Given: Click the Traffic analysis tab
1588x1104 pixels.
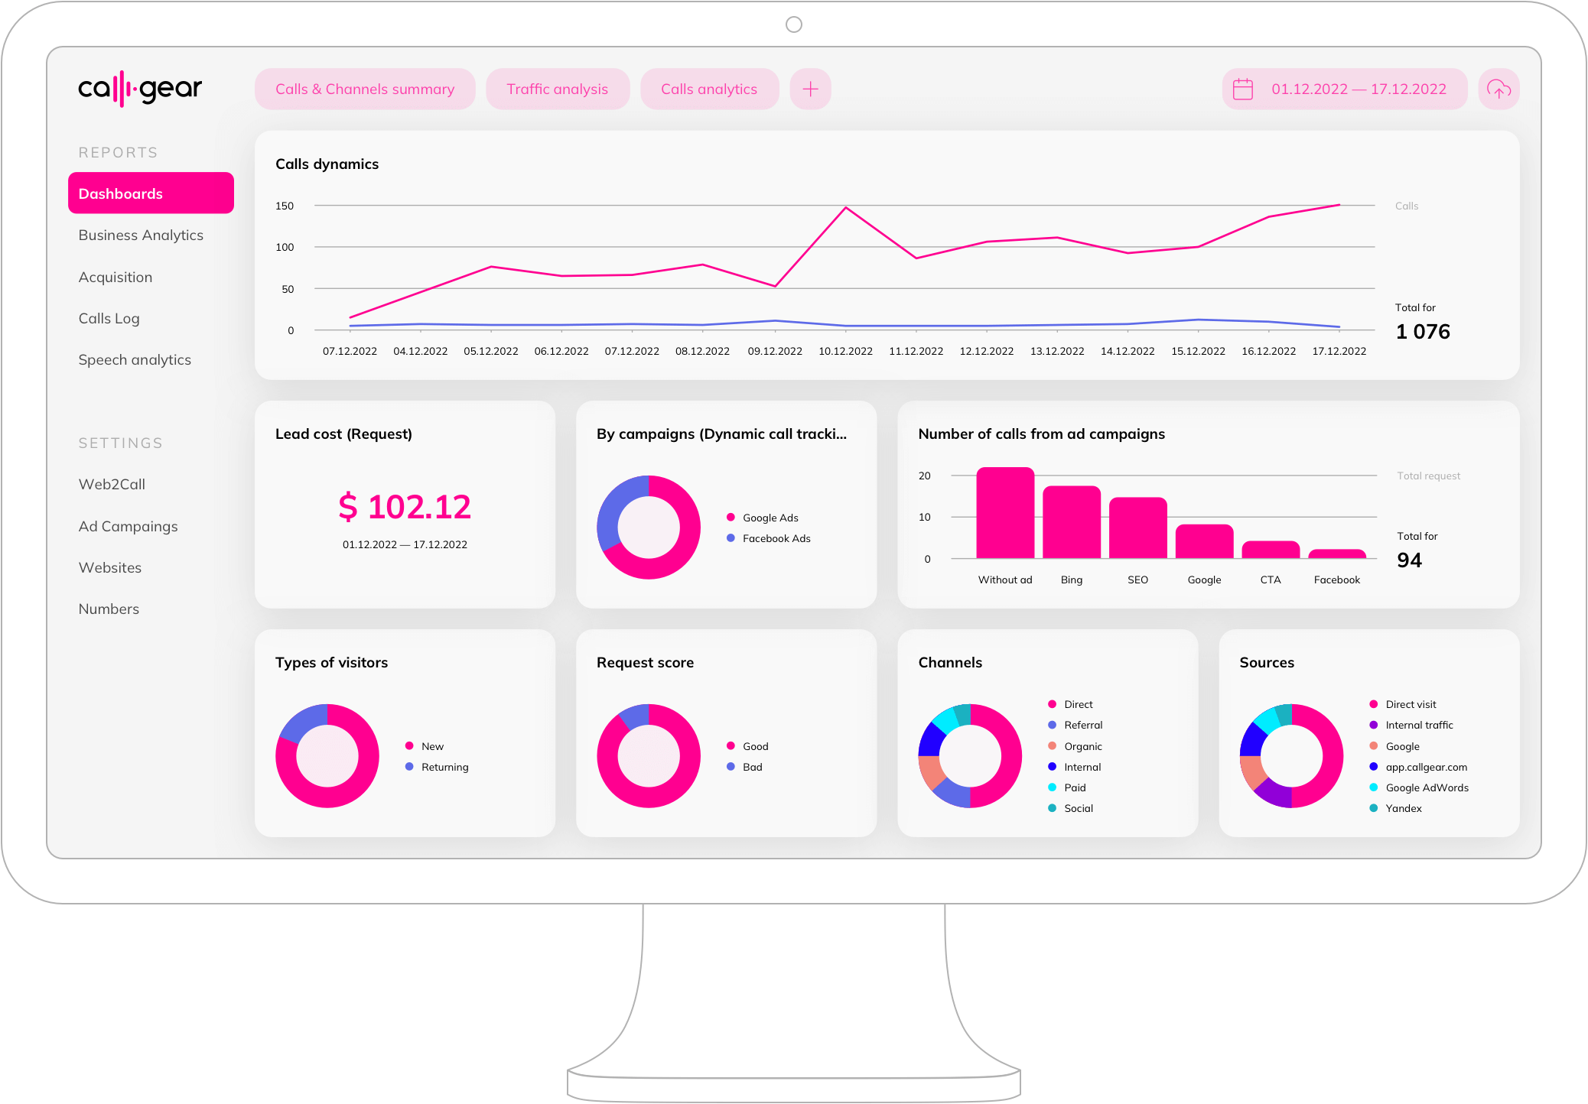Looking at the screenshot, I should pos(557,89).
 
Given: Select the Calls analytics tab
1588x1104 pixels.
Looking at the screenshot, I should pos(709,89).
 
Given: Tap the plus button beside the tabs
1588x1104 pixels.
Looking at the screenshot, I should pos(810,89).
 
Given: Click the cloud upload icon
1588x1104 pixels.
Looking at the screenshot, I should pos(1499,89).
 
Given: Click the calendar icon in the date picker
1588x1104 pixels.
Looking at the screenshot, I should pos(1243,89).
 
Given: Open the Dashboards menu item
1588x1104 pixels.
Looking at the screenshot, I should pos(151,193).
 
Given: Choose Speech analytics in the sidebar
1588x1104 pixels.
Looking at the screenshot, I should pos(135,359).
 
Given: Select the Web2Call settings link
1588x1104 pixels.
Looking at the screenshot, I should pos(112,484).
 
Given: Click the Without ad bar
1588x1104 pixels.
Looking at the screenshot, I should pos(1005,513).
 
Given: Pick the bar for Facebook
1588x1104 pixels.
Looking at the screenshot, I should pos(1337,554).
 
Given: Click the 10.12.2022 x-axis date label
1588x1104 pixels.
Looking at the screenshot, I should pos(845,351).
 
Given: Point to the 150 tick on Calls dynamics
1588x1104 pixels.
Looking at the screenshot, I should pos(285,206).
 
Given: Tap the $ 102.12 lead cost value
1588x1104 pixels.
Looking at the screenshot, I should pos(405,507).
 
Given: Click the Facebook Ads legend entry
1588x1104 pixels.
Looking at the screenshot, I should pos(776,538).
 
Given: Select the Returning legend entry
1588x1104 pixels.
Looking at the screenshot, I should pos(444,767).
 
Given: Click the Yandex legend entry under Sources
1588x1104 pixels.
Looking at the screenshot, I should pos(1403,808).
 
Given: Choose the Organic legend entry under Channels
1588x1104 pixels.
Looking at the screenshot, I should pos(1082,746).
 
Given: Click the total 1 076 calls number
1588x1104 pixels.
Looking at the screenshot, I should pos(1422,332).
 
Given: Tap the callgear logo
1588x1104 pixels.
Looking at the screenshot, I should pos(140,89).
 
